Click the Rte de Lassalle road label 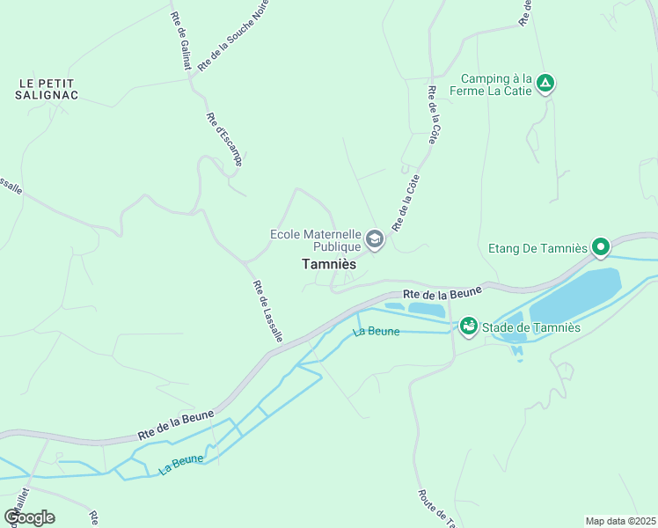[267, 311]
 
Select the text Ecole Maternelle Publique [316, 240]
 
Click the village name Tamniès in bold [328, 263]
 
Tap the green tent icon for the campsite [545, 84]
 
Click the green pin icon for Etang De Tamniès [601, 247]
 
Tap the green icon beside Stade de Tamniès [468, 327]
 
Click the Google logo [29, 517]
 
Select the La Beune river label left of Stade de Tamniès [377, 332]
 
